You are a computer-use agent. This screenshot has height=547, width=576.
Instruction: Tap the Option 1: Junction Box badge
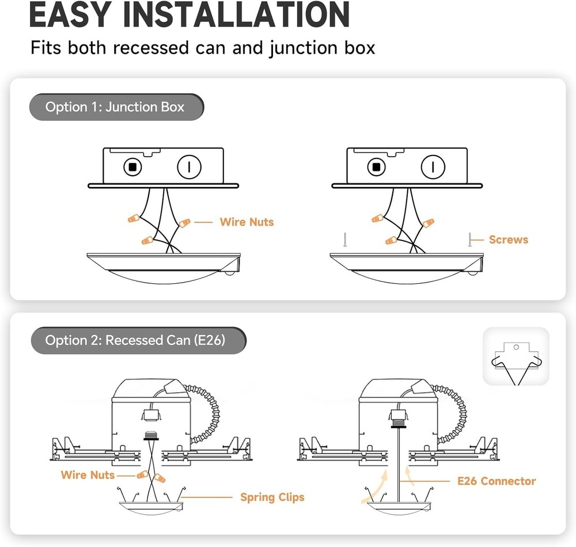(115, 107)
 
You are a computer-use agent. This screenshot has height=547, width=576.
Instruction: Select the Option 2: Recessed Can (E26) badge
(136, 341)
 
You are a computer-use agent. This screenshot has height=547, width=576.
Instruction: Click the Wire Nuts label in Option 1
(247, 222)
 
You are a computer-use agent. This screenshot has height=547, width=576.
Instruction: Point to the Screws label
(508, 240)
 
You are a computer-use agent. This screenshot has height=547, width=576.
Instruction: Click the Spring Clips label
(272, 497)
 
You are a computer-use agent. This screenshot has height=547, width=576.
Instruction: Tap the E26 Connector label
(497, 481)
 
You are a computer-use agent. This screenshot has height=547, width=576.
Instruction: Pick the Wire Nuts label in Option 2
(88, 475)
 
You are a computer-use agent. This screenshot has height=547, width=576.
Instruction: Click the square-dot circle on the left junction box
(133, 168)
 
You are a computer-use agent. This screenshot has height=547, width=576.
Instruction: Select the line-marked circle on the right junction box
(433, 168)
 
